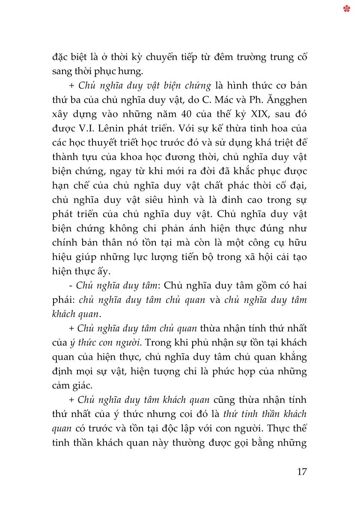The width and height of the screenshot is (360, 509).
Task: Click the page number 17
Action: coord(301,472)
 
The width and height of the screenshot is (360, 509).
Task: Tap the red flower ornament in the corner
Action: coord(347,9)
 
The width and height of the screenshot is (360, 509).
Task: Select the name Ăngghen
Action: coord(288,100)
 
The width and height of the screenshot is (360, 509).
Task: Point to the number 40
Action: coord(185,115)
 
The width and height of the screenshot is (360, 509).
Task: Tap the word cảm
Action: coord(62,385)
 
